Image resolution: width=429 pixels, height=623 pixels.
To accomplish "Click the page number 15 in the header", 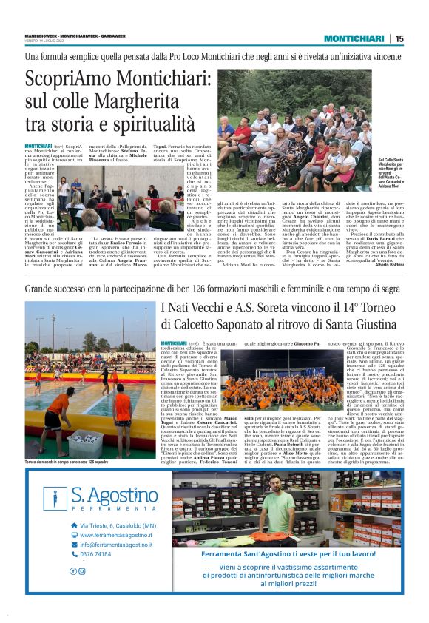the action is point(399,38).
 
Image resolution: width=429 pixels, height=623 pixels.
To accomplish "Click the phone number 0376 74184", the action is point(95,553).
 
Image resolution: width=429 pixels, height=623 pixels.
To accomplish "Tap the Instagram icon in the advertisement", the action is point(81,570).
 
